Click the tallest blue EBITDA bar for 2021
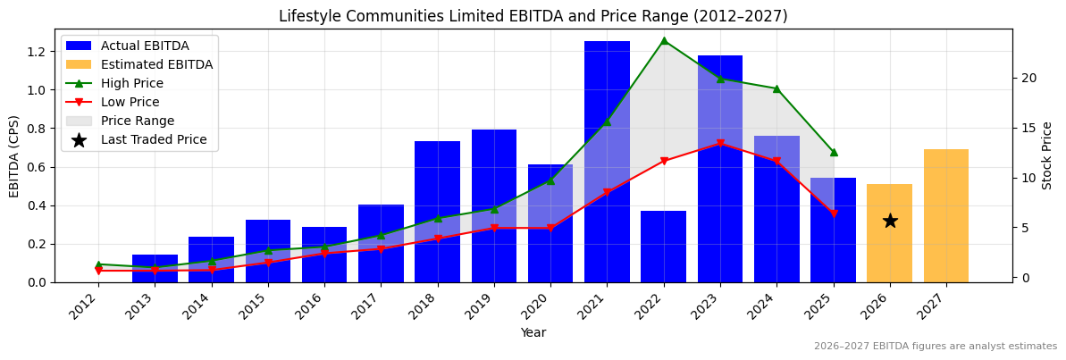(607, 161)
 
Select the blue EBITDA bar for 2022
(663, 247)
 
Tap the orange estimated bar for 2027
(946, 215)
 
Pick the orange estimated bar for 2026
(889, 233)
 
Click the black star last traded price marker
(890, 221)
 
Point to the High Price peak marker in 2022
(664, 40)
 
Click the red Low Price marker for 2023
(720, 143)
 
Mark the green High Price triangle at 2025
(834, 153)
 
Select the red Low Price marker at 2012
(98, 271)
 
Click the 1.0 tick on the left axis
(37, 90)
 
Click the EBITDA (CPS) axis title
(14, 155)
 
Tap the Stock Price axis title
(1047, 155)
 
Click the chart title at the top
(533, 16)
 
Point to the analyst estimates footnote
(935, 347)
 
